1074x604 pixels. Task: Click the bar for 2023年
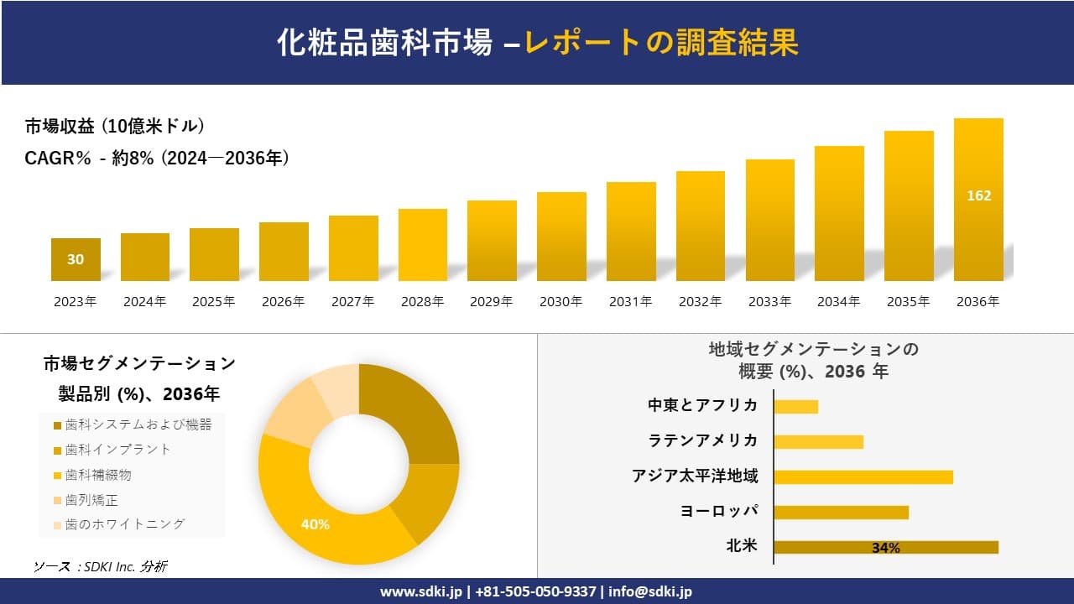click(76, 259)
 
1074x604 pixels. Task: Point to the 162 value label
click(978, 195)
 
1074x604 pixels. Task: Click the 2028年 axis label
click(422, 302)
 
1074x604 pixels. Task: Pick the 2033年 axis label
click(769, 302)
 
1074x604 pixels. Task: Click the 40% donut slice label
click(315, 524)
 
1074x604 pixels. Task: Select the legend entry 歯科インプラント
click(117, 450)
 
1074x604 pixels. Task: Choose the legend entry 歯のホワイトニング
click(124, 524)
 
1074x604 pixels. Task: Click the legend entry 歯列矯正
click(91, 500)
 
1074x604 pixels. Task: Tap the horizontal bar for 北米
click(885, 547)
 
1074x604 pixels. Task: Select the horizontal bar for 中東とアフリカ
click(795, 406)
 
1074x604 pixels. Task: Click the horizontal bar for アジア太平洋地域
click(863, 476)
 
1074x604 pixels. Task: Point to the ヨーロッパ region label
click(719, 512)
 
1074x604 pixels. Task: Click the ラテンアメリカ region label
click(702, 441)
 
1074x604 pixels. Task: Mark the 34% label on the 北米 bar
click(885, 548)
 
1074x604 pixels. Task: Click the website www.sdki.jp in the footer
click(422, 591)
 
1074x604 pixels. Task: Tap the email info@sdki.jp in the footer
click(651, 591)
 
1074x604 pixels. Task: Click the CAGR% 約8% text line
click(157, 158)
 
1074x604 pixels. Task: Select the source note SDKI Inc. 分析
click(100, 567)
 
